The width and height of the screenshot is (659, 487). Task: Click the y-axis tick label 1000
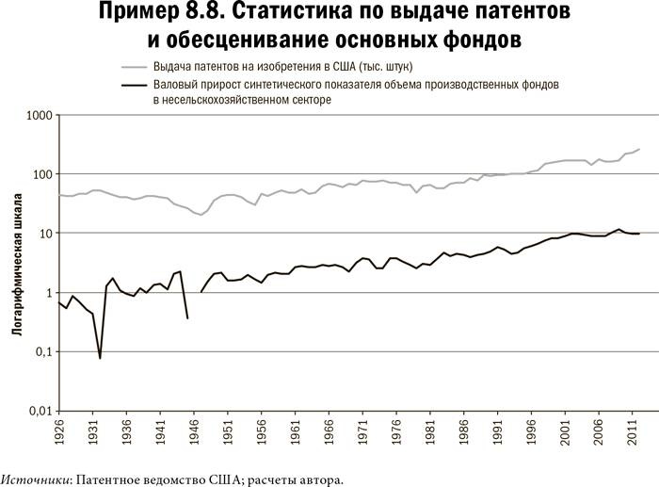pyautogui.click(x=37, y=116)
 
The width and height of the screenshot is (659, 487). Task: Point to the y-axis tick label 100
pyautogui.click(x=40, y=175)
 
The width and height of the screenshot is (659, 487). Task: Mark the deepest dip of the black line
pyautogui.click(x=100, y=358)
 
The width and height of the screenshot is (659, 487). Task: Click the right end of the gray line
pyautogui.click(x=639, y=149)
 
